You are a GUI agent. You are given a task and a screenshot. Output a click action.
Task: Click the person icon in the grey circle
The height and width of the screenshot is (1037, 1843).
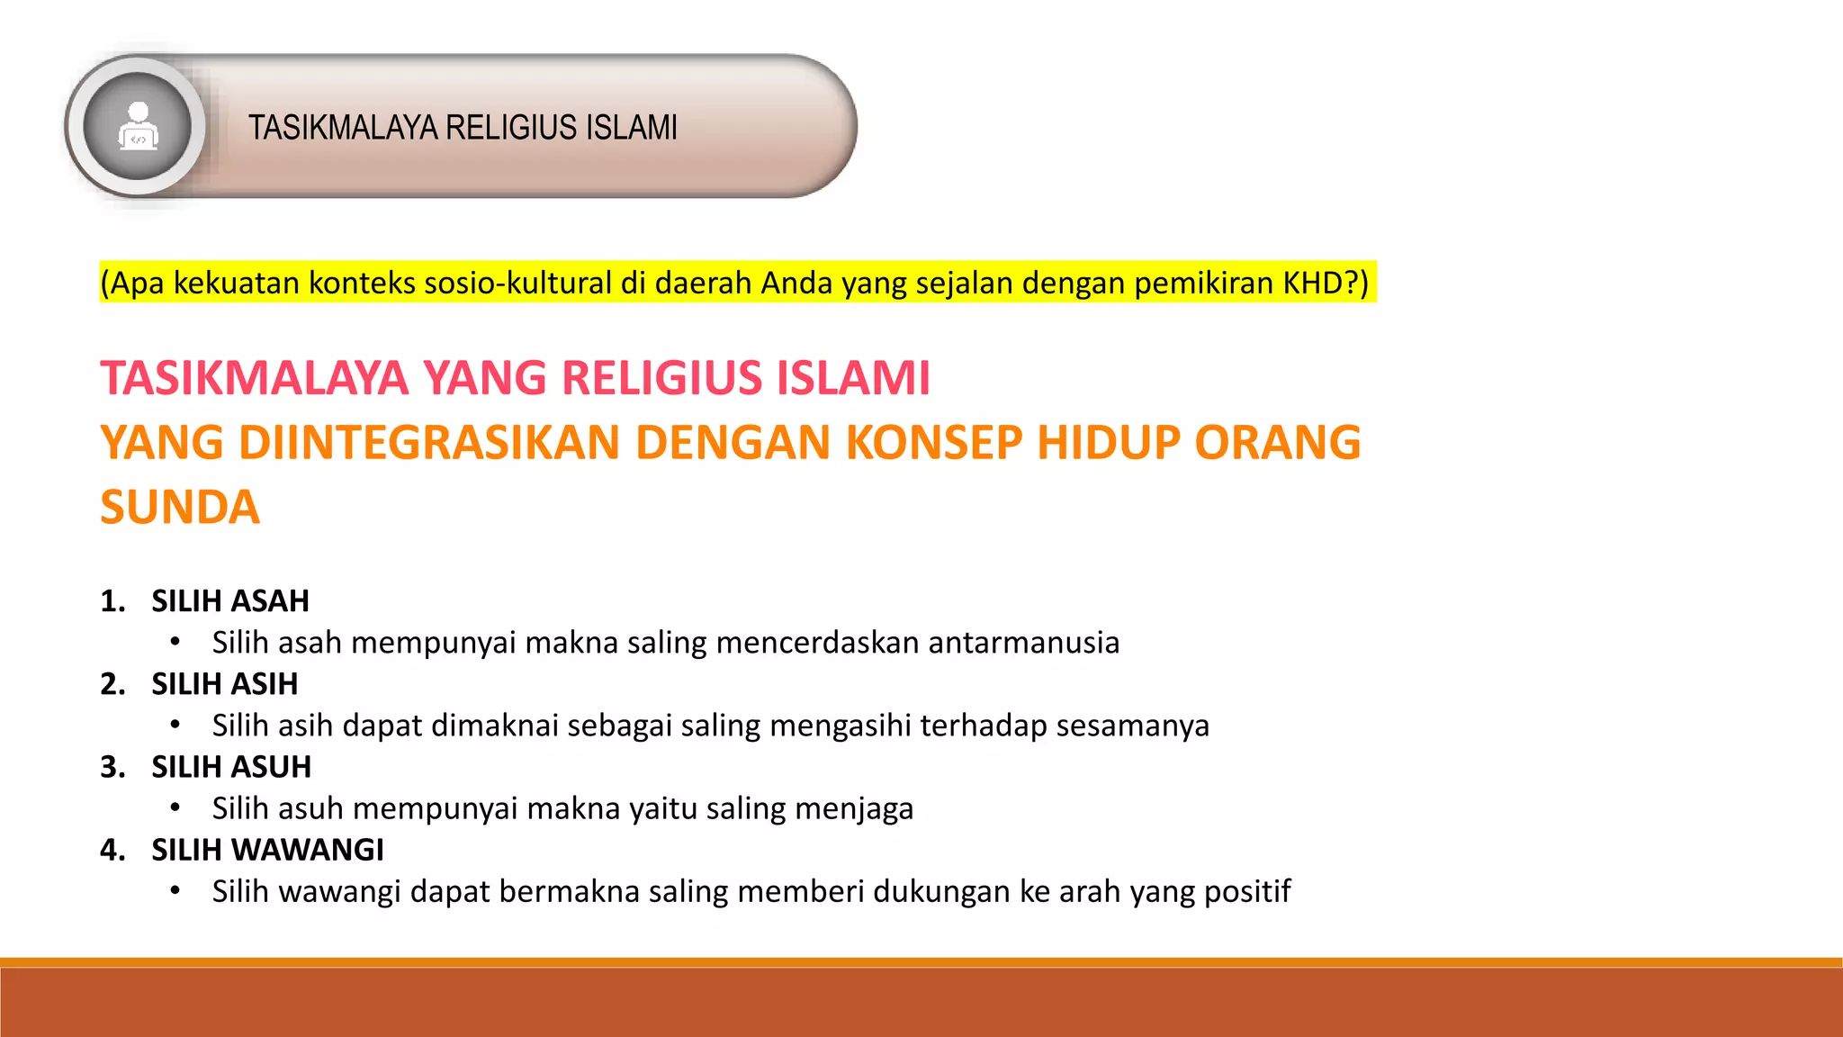pyautogui.click(x=138, y=125)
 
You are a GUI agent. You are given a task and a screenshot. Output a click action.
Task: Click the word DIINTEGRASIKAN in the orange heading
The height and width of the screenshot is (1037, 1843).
pyautogui.click(x=429, y=443)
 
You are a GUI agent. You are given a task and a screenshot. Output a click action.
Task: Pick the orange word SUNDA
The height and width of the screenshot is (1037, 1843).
pyautogui.click(x=180, y=508)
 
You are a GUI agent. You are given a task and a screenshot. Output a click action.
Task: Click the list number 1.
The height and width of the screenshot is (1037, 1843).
pyautogui.click(x=112, y=601)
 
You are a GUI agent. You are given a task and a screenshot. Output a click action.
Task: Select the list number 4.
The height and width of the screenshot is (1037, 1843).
pyautogui.click(x=112, y=850)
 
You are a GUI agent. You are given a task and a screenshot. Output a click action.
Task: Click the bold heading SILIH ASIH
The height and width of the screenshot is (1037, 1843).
pyautogui.click(x=224, y=684)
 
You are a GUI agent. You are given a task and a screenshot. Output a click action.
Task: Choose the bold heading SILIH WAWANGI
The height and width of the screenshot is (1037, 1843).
pyautogui.click(x=267, y=850)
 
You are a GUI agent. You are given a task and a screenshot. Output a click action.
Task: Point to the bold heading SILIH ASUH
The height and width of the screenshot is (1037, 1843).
pyautogui.click(x=231, y=767)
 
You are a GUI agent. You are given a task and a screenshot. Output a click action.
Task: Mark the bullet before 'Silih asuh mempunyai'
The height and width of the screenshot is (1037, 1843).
pyautogui.click(x=175, y=808)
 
